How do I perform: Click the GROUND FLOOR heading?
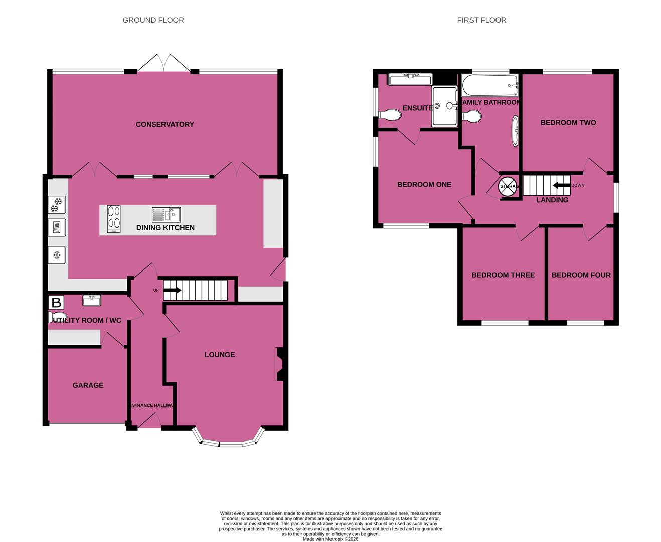coord(153,20)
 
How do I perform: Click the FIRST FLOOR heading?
coord(481,20)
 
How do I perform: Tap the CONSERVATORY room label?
coord(164,124)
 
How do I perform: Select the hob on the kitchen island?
coord(114,219)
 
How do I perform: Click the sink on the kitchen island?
coord(167,215)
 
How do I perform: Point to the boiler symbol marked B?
coord(56,303)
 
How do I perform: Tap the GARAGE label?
coord(88,385)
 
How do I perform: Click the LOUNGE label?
coord(219,355)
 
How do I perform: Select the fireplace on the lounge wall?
coord(279,364)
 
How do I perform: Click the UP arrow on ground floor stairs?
coord(172,290)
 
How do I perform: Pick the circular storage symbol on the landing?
coord(507,186)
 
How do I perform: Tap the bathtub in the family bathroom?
coord(489,86)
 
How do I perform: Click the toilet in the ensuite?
coord(390,115)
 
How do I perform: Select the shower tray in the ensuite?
coord(444,106)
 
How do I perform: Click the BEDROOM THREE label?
coord(503,275)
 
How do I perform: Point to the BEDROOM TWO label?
coord(568,123)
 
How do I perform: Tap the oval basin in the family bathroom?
coord(515,131)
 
